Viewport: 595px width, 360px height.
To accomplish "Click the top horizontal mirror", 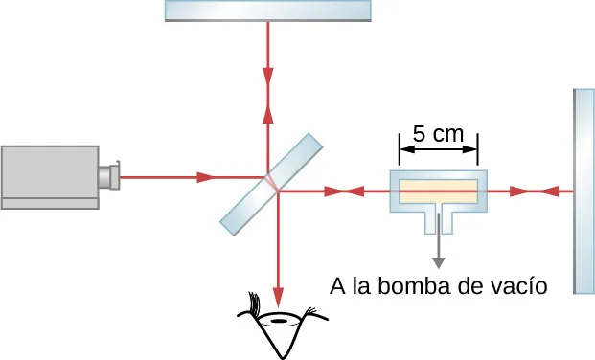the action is [x=267, y=10].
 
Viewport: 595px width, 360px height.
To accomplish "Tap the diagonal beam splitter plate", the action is [x=272, y=184].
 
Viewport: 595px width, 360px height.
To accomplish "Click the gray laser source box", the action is [x=50, y=176].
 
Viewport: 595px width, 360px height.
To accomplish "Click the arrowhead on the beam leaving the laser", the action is [x=204, y=177].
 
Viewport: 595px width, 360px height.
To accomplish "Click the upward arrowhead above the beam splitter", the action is [x=267, y=113].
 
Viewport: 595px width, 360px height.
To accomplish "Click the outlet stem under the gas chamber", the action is [x=439, y=219].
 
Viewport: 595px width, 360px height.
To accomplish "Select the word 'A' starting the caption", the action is [x=337, y=286].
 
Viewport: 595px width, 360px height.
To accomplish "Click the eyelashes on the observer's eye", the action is [x=255, y=304].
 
